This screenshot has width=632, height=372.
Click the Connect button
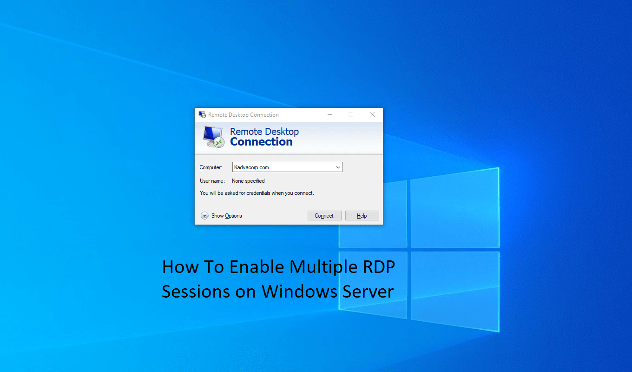[x=324, y=216]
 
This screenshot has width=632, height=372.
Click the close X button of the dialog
[x=372, y=114]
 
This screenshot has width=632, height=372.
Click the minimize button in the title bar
[x=329, y=114]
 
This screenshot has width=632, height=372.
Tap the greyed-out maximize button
[x=351, y=114]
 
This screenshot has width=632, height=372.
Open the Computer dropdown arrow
[x=338, y=167]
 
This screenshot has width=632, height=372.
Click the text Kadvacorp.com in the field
[x=251, y=167]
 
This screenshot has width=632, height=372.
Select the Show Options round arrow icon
[x=204, y=216]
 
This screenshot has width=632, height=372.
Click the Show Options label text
[x=226, y=216]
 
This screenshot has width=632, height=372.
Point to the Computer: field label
[x=211, y=167]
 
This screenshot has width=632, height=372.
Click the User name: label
[x=212, y=181]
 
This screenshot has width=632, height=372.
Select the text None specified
[x=248, y=181]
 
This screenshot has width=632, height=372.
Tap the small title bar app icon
[x=202, y=114]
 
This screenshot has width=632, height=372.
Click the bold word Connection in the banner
[x=261, y=142]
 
